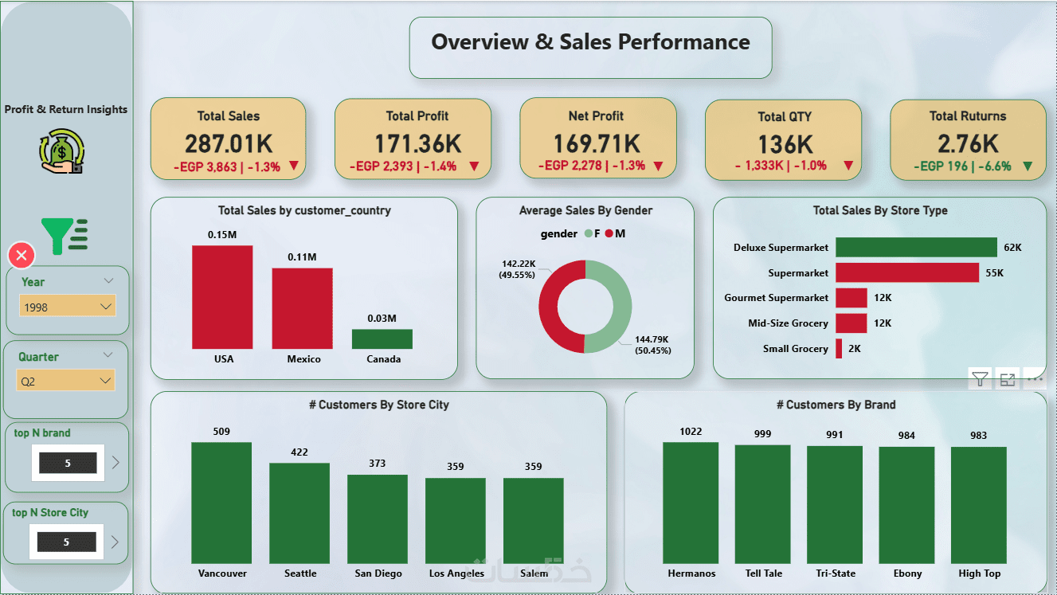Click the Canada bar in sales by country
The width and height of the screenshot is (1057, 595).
pyautogui.click(x=382, y=339)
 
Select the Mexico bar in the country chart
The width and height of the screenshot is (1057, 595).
pyautogui.click(x=302, y=308)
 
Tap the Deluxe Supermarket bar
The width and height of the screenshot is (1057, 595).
pyautogui.click(x=916, y=248)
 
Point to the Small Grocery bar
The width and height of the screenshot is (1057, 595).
pyautogui.click(x=839, y=348)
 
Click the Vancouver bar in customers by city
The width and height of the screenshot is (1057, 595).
pyautogui.click(x=221, y=503)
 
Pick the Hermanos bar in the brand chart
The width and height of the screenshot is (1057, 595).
pyautogui.click(x=691, y=503)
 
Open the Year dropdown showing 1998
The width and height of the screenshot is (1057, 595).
pyautogui.click(x=68, y=307)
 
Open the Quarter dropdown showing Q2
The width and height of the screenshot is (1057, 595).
pyautogui.click(x=68, y=382)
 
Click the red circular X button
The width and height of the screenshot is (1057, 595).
pyautogui.click(x=22, y=256)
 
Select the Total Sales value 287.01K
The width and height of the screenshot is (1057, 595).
pyautogui.click(x=229, y=143)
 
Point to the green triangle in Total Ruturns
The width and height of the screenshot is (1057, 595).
pyautogui.click(x=1027, y=166)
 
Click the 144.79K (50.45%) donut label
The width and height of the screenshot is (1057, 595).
pyautogui.click(x=652, y=345)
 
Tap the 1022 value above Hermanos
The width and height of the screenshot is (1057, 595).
pyautogui.click(x=691, y=432)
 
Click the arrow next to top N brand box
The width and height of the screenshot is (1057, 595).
pyautogui.click(x=115, y=462)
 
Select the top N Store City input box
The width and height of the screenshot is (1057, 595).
pyautogui.click(x=67, y=542)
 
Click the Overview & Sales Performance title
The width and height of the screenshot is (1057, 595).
pyautogui.click(x=590, y=42)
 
